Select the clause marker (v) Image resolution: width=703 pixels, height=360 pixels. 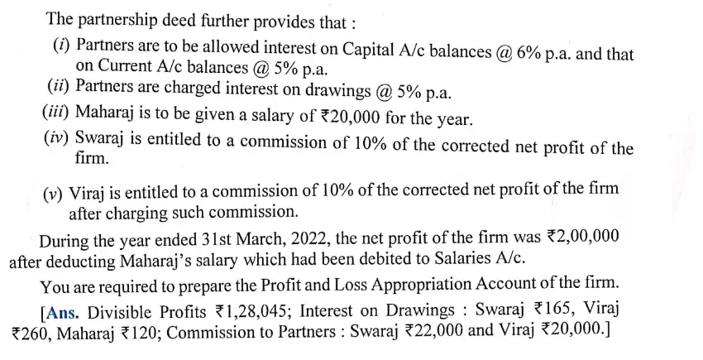(x=55, y=194)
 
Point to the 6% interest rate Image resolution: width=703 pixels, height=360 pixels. (x=528, y=53)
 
